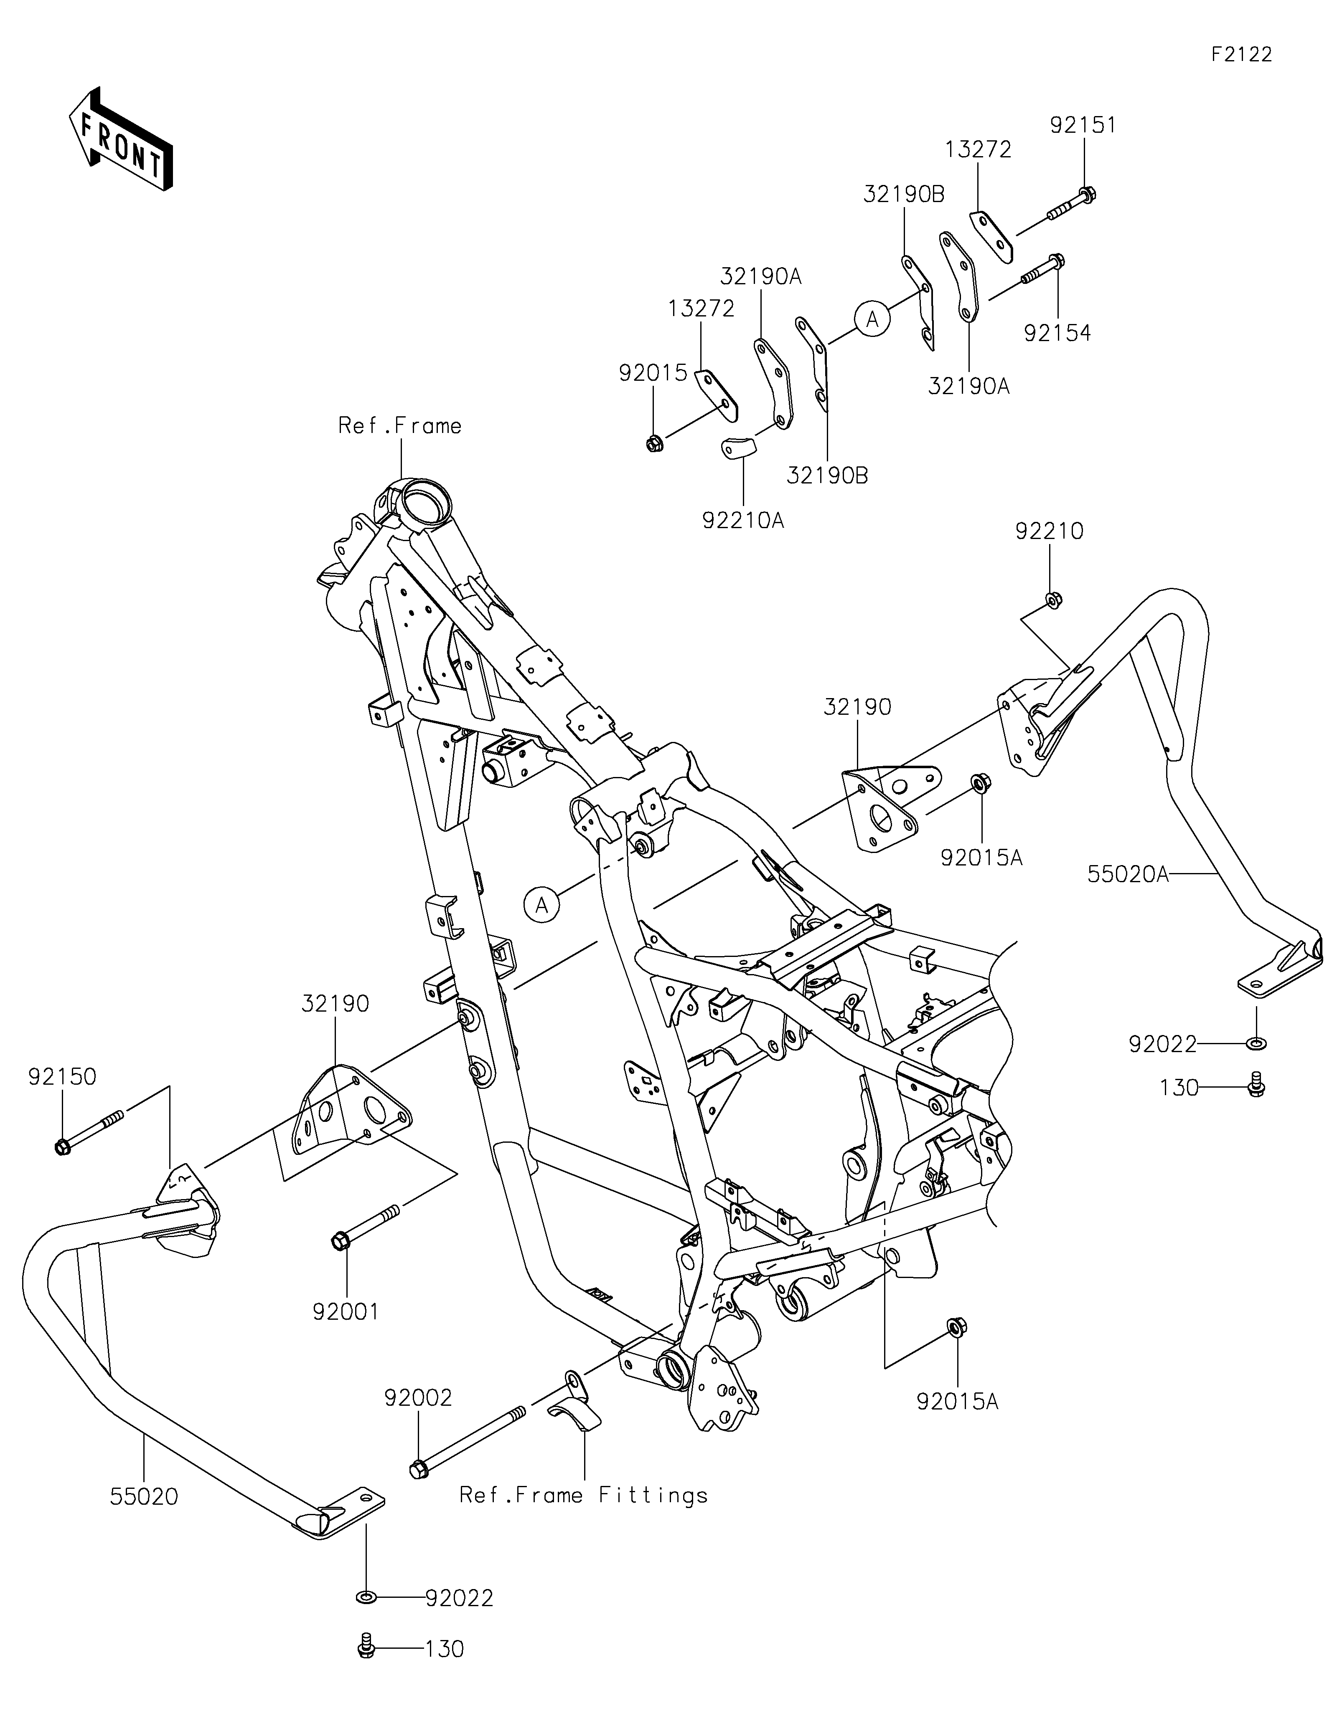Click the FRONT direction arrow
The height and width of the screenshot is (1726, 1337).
120,138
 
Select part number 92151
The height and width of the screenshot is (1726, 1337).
1083,125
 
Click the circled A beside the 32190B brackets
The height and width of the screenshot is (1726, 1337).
873,319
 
